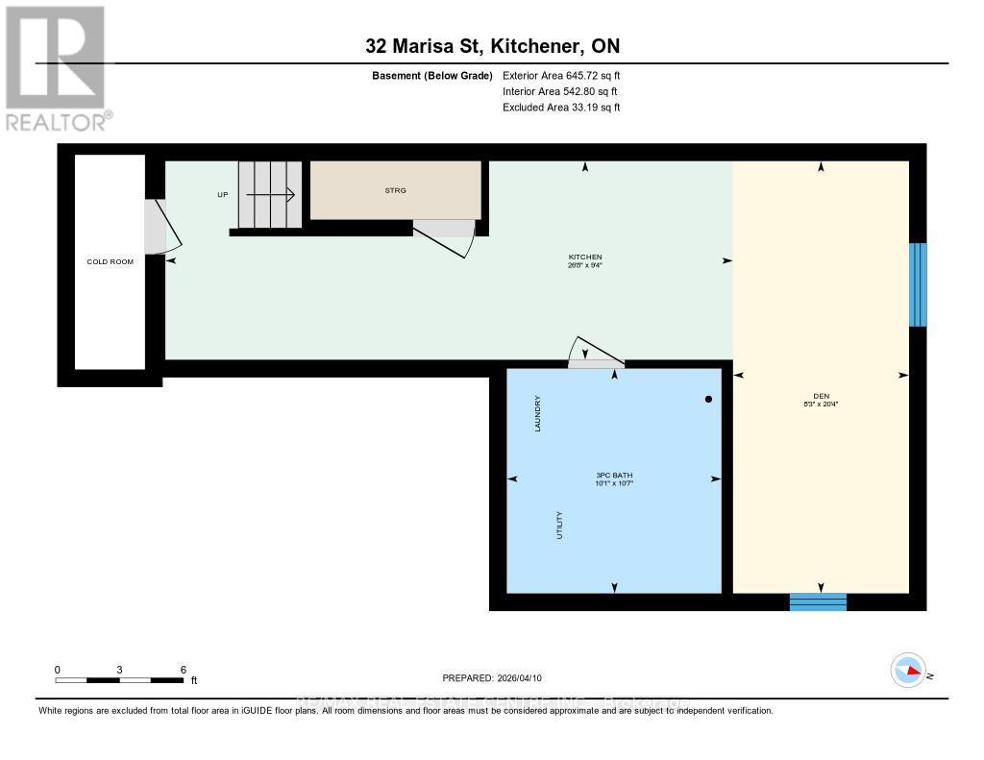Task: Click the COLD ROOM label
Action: (111, 261)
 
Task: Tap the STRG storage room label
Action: (395, 190)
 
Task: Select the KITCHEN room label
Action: (584, 257)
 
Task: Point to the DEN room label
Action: (821, 400)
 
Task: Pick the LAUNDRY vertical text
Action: (539, 414)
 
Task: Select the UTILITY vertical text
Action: (558, 525)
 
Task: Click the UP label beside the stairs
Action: (223, 195)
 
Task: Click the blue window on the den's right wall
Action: (918, 284)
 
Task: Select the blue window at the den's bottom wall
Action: (818, 601)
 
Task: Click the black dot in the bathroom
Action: (709, 399)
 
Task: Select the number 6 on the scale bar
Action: (183, 670)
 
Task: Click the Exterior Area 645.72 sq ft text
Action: (561, 75)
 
